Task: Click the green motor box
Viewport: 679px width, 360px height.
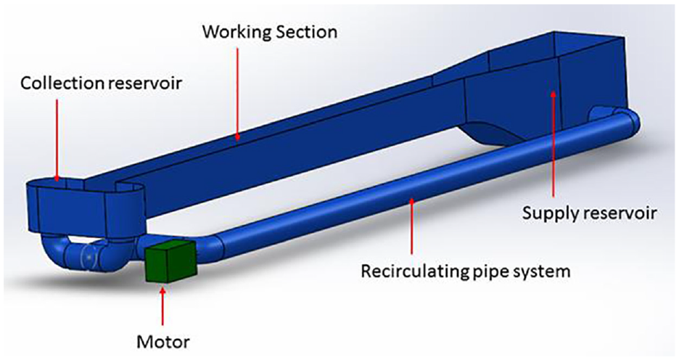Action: [170, 261]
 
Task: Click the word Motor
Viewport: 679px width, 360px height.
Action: [163, 342]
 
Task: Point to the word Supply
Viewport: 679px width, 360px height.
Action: [548, 214]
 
